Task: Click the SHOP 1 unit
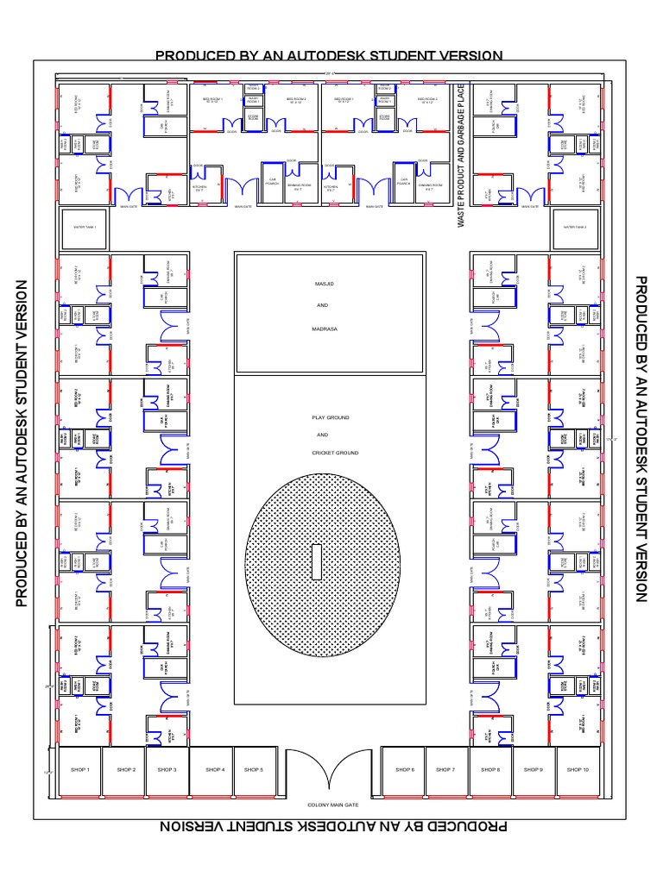(79, 770)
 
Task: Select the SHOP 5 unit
(254, 770)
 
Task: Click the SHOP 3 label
(167, 769)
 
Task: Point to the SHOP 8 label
(490, 769)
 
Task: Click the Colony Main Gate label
(332, 805)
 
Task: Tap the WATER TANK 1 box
(84, 228)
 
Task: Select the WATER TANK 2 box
(575, 228)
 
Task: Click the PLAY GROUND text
(331, 417)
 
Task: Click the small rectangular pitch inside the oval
(318, 561)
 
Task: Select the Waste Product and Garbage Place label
(461, 156)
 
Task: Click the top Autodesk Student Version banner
(328, 56)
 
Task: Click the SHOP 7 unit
(445, 770)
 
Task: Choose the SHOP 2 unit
(123, 770)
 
